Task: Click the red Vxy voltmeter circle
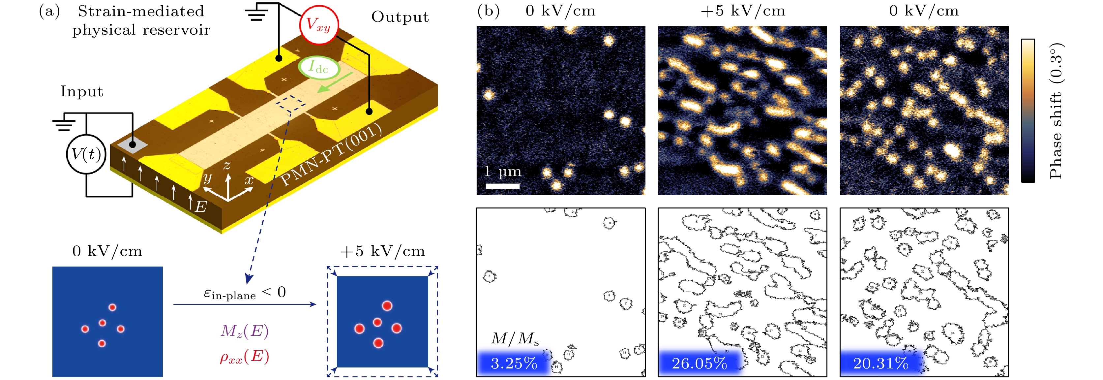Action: click(x=318, y=24)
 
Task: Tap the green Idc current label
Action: click(x=318, y=67)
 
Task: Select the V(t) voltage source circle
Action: click(x=86, y=154)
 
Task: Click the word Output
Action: click(x=400, y=17)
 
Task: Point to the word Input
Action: click(x=81, y=91)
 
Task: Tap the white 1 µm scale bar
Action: click(x=502, y=186)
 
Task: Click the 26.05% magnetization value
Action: click(x=699, y=363)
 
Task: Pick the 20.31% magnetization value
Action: click(x=880, y=363)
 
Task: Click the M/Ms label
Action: click(x=515, y=339)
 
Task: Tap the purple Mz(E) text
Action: click(x=245, y=331)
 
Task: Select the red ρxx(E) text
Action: click(x=245, y=357)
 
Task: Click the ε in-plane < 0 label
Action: click(x=245, y=293)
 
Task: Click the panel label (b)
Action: click(x=488, y=11)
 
